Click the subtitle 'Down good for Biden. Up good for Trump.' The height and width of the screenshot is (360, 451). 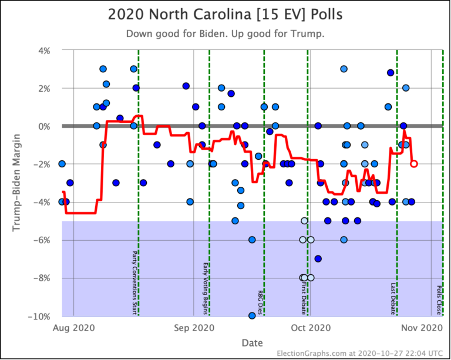tap(225, 34)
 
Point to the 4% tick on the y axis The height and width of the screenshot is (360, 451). tap(45, 51)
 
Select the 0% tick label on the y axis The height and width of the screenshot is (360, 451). tap(45, 126)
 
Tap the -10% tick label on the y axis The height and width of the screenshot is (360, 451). tap(41, 317)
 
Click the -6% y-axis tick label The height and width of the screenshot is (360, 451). tap(43, 240)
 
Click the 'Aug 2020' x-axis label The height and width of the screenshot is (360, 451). tap(74, 327)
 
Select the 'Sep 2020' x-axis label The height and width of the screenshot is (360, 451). tap(194, 327)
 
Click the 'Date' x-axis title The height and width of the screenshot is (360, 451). tap(251, 342)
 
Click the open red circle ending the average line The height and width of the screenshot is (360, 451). tap(414, 164)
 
